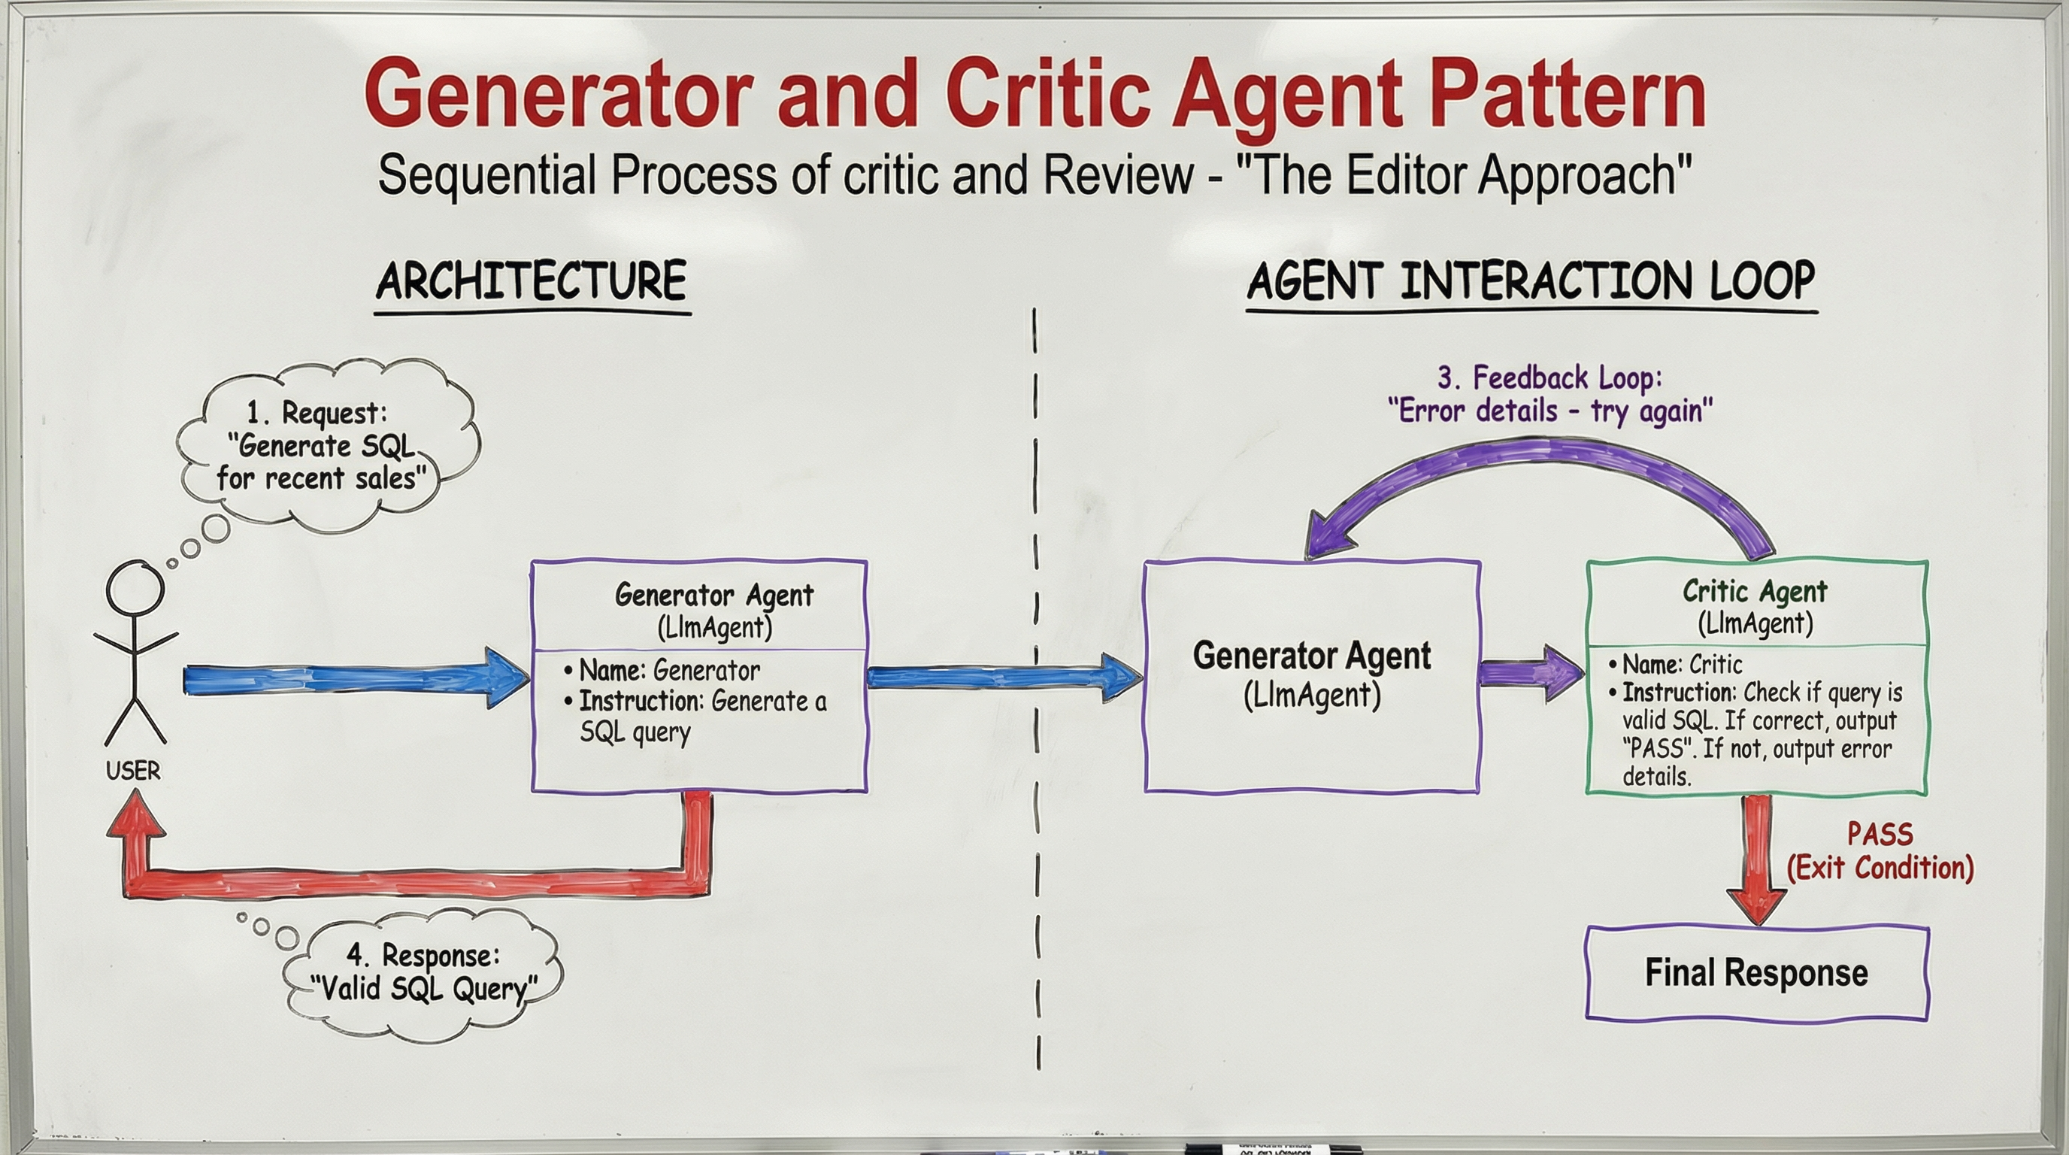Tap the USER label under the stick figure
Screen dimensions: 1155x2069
[133, 771]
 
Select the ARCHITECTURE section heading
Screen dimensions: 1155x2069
[532, 281]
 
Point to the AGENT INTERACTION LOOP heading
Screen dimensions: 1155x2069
[1531, 282]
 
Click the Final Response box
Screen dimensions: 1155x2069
[1756, 973]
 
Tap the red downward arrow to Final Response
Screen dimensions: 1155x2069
[1756, 859]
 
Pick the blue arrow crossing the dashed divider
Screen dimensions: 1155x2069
[1004, 677]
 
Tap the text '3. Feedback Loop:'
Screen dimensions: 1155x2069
[1549, 377]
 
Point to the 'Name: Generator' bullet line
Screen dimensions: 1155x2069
[668, 670]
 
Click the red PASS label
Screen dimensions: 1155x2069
[1880, 835]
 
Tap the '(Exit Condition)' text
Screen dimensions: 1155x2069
[1880, 869]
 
